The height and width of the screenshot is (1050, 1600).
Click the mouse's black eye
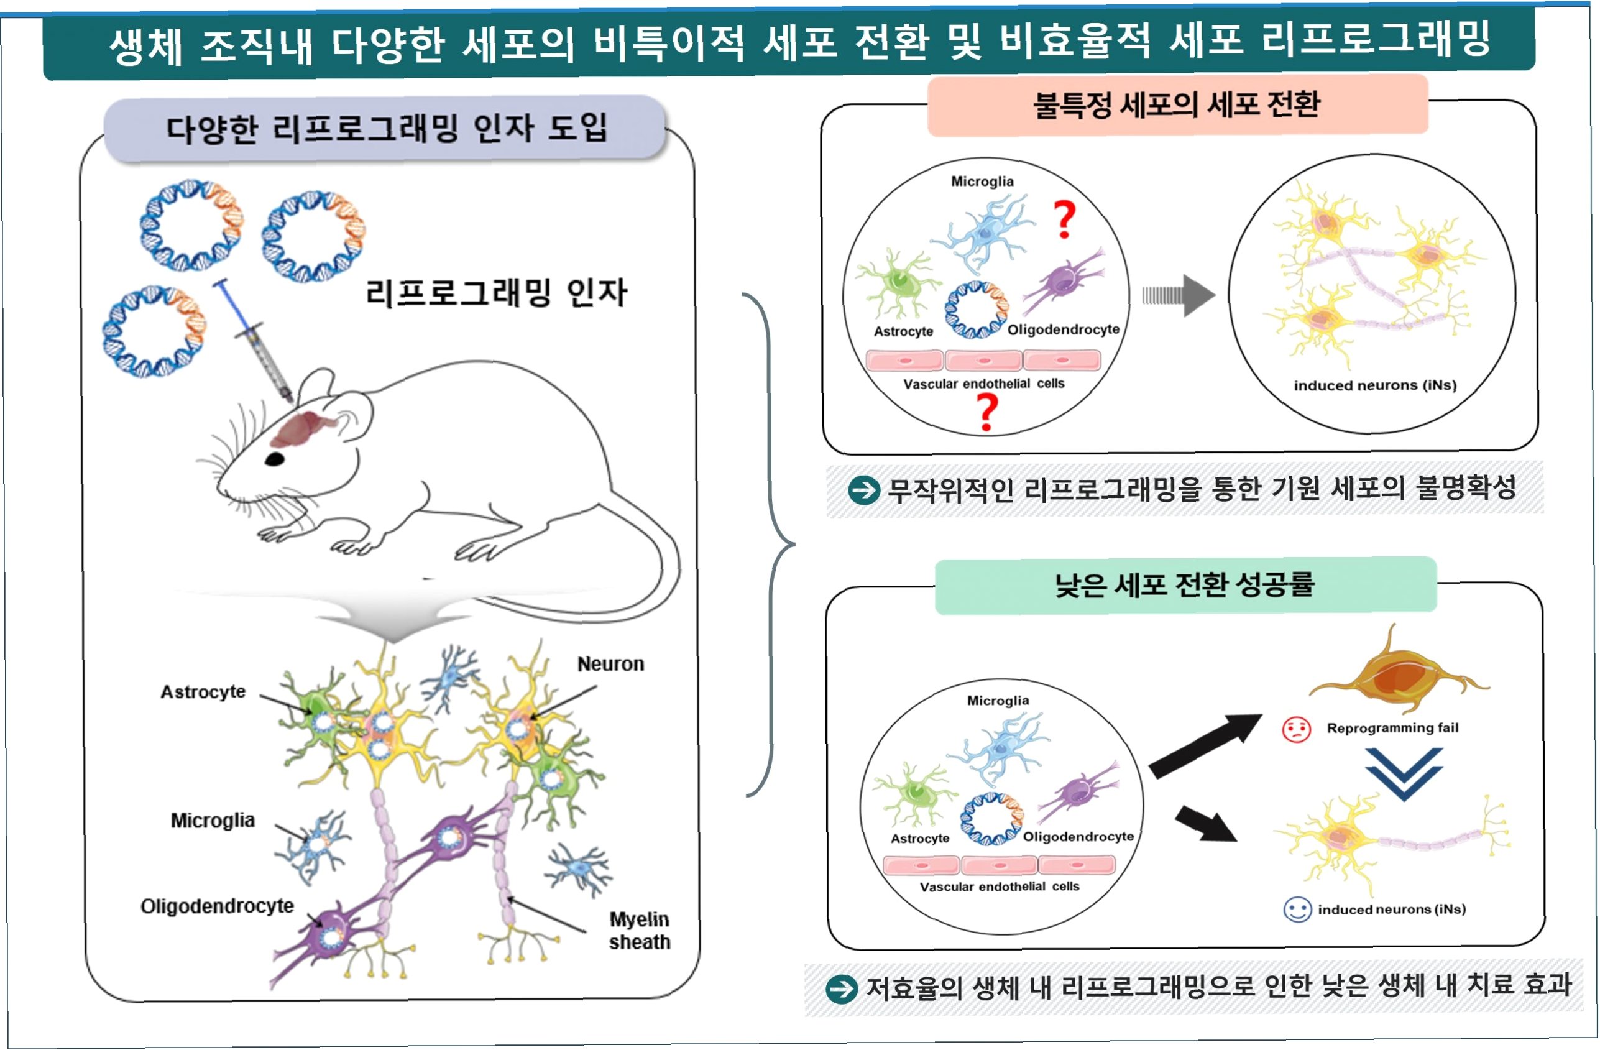pos(275,459)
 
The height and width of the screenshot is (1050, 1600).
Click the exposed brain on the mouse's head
pos(303,430)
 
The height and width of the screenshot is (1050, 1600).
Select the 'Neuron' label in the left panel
pos(610,664)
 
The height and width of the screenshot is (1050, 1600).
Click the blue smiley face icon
pos(1297,910)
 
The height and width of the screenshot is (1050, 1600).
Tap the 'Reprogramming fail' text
pos(1392,728)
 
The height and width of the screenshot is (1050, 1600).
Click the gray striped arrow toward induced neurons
pos(1179,295)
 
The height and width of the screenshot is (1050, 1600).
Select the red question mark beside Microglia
pos(1064,219)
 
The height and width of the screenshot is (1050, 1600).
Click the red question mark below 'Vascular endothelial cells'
pos(986,412)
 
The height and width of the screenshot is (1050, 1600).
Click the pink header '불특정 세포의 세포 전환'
pos(1177,106)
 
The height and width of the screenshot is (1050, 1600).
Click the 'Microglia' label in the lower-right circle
pos(998,701)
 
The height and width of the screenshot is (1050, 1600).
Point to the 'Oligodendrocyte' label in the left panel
pos(217,906)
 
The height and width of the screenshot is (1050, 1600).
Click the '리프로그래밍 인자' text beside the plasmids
pos(496,293)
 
